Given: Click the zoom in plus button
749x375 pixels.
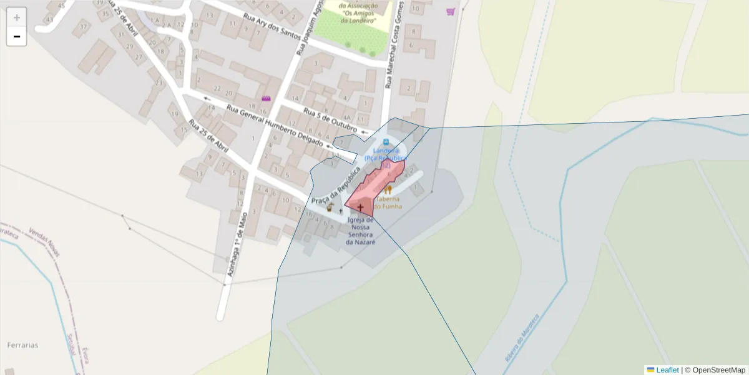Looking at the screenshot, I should click(17, 17).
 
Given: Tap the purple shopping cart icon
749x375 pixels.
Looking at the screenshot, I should click(451, 11).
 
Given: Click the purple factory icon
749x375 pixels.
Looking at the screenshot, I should click(267, 98).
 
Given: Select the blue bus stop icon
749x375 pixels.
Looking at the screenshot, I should click(386, 142).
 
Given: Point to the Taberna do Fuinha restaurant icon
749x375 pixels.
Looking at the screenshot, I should click(388, 189).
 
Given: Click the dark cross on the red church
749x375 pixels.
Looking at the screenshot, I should click(360, 206).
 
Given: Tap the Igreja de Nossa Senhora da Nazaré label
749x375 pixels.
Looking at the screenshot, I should click(361, 231).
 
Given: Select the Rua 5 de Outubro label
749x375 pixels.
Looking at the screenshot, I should click(330, 120).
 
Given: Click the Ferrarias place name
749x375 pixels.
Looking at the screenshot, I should click(23, 345).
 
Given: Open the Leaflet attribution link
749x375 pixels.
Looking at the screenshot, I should click(667, 370).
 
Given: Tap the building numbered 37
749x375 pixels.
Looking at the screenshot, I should click(83, 27).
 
